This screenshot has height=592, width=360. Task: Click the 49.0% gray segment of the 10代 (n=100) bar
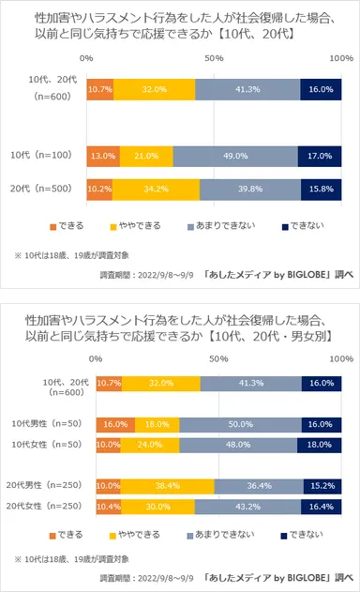click(235, 157)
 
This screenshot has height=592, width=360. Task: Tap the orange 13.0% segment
click(102, 157)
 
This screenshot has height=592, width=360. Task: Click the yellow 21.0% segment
click(145, 157)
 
